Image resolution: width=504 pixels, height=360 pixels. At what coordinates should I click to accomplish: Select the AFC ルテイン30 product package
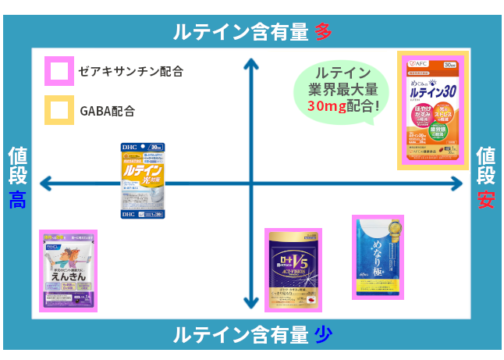pos(433,109)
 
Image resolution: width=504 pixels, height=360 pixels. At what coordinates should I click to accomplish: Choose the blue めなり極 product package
pos(378,258)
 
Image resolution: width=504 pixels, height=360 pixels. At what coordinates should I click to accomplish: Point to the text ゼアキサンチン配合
pos(131,72)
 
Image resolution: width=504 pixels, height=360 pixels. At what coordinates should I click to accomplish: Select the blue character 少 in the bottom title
pos(323,335)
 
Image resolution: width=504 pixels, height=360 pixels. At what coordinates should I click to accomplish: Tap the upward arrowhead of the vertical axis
pos(251,64)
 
